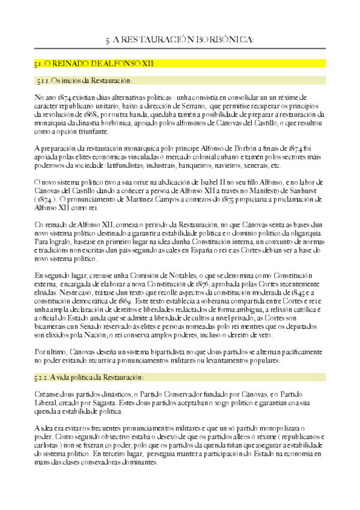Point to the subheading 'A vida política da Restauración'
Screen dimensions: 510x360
click(89, 377)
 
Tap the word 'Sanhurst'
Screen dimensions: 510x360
click(305, 190)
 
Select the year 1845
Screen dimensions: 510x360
click(311, 292)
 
